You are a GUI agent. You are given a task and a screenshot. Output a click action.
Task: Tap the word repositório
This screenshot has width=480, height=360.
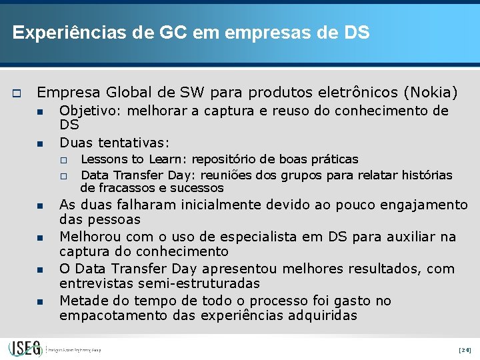coord(217,159)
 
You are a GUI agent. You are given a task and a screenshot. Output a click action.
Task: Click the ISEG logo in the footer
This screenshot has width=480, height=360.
coord(25,348)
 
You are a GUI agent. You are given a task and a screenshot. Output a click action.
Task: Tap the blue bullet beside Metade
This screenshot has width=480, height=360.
coord(39,302)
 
